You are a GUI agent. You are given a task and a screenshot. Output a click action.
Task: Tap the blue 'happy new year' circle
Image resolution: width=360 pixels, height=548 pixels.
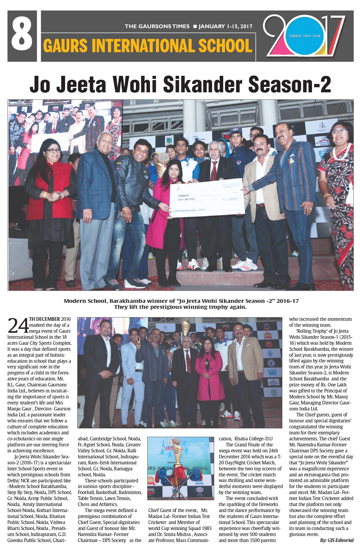point(305,36)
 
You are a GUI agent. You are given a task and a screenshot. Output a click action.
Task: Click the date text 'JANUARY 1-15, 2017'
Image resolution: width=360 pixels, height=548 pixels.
point(225,26)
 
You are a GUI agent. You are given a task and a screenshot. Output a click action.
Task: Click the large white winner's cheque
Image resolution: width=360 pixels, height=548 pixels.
point(207,198)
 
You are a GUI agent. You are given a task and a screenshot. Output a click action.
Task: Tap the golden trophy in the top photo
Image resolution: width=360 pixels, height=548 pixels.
point(163,163)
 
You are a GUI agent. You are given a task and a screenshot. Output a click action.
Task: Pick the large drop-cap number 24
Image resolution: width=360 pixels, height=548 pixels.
point(18,326)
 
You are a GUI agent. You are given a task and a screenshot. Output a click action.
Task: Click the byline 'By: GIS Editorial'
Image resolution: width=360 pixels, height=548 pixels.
point(337,540)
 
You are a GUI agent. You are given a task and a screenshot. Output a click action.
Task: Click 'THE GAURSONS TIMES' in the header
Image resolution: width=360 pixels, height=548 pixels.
point(157,26)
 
